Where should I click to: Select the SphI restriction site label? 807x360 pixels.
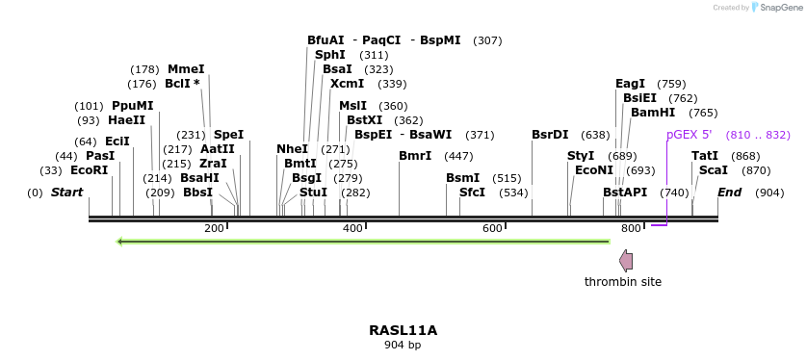coord(329,55)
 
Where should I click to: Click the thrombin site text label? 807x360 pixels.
coord(623,282)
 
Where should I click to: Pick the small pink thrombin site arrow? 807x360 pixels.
coord(626,260)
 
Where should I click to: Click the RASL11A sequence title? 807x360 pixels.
coord(403,330)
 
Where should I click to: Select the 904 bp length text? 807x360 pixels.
coord(403,345)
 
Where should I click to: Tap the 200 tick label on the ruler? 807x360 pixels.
coord(214,228)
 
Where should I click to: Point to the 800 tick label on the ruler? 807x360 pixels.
coord(631,228)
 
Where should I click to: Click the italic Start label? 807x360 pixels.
coord(66,193)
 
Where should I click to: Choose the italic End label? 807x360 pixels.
coord(729,193)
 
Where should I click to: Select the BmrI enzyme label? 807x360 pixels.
coord(415,156)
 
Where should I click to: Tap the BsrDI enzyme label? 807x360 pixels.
coord(550,135)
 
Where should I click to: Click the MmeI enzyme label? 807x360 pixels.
coord(186,69)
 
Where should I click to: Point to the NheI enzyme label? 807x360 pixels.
coord(292,149)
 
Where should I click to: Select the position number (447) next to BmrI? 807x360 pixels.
coord(458,156)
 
